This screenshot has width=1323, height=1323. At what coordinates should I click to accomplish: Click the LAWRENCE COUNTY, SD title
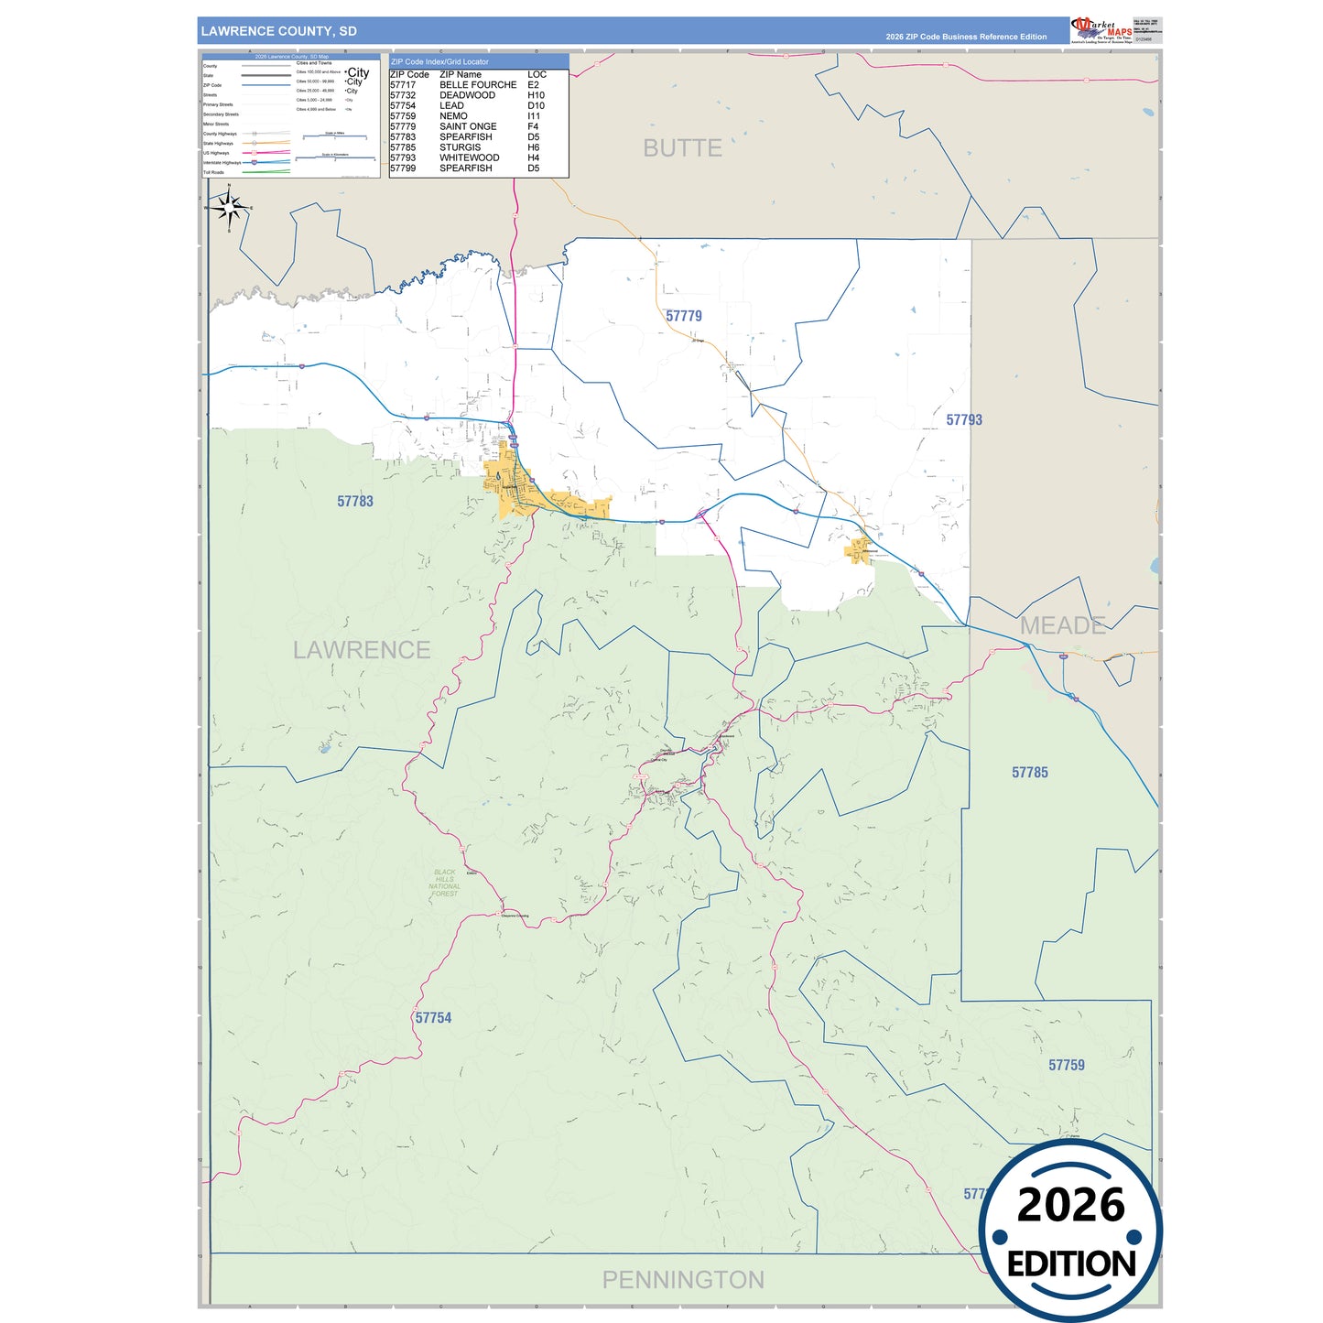pyautogui.click(x=278, y=31)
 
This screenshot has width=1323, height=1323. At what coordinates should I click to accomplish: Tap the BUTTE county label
pyautogui.click(x=682, y=148)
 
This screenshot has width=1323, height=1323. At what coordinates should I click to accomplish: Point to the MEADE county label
pyautogui.click(x=1062, y=626)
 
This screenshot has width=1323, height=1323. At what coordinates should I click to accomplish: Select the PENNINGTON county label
pyautogui.click(x=683, y=1280)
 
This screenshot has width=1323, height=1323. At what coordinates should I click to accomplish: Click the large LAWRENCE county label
pyautogui.click(x=362, y=650)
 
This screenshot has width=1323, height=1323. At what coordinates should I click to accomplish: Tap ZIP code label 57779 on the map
pyautogui.click(x=684, y=317)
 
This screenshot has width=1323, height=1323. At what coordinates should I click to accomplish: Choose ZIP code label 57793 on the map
pyautogui.click(x=964, y=420)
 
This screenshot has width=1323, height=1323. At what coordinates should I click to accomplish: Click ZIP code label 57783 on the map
pyautogui.click(x=355, y=502)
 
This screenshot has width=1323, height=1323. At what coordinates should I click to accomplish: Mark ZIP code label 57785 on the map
pyautogui.click(x=1030, y=773)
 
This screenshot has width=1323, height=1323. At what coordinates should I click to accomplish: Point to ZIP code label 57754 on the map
pyautogui.click(x=433, y=1018)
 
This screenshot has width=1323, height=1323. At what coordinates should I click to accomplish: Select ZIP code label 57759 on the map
pyautogui.click(x=1067, y=1066)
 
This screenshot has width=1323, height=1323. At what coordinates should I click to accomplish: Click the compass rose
pyautogui.click(x=229, y=209)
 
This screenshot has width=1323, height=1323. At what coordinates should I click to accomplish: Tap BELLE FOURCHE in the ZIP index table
pyautogui.click(x=478, y=85)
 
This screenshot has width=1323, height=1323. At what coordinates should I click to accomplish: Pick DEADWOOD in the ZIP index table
pyautogui.click(x=467, y=95)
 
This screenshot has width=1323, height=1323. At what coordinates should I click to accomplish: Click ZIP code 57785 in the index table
pyautogui.click(x=403, y=147)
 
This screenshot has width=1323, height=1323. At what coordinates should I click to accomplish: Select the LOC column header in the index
pyautogui.click(x=537, y=74)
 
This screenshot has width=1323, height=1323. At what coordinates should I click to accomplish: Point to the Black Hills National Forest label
pyautogui.click(x=445, y=884)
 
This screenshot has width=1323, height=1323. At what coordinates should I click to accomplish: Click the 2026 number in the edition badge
pyautogui.click(x=1070, y=1205)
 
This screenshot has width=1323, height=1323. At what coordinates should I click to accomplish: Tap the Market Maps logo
pyautogui.click(x=1101, y=30)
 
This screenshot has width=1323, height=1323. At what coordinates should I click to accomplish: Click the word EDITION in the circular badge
pyautogui.click(x=1071, y=1264)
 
